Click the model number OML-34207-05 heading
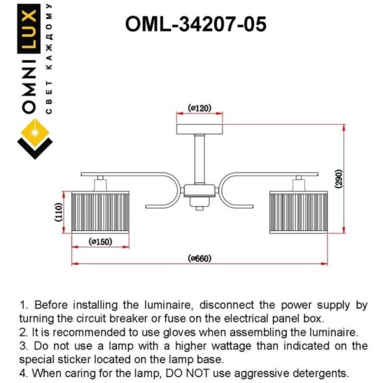[x=195, y=24]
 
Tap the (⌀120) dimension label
[x=199, y=108]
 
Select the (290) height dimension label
[x=339, y=179]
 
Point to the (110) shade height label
[x=59, y=212]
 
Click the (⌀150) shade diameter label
[x=100, y=242]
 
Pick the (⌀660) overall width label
[x=199, y=258]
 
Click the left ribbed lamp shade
[x=100, y=212]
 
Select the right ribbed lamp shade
[x=298, y=212]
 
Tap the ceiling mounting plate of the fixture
[x=199, y=129]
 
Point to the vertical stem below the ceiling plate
[x=199, y=158]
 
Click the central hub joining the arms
[x=199, y=191]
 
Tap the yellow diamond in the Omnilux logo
[x=35, y=133]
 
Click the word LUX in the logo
[x=28, y=29]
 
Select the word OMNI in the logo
[x=29, y=87]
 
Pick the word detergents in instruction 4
[x=320, y=373]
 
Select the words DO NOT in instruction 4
[x=188, y=373]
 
